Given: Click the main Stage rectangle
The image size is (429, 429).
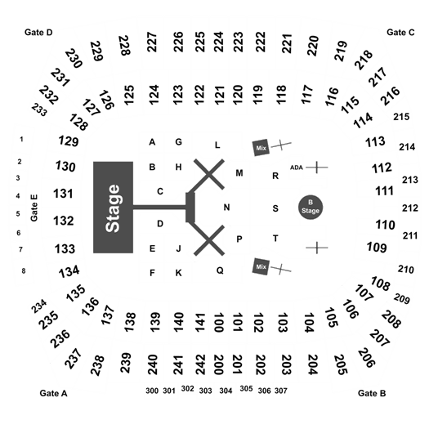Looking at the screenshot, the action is pyautogui.click(x=114, y=208).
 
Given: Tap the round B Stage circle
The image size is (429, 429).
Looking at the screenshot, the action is pyautogui.click(x=311, y=207).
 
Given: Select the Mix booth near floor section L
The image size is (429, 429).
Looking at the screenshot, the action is pyautogui.click(x=261, y=147).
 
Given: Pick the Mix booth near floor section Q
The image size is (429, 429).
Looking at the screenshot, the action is pyautogui.click(x=261, y=266).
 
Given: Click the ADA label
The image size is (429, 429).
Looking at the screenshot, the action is pyautogui.click(x=297, y=168).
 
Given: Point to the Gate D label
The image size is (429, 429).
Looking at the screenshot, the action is pyautogui.click(x=38, y=33).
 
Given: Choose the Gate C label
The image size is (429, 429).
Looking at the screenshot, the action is pyautogui.click(x=400, y=33).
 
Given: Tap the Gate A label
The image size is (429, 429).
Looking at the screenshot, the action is pyautogui.click(x=53, y=393).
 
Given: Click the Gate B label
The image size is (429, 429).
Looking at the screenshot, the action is pyautogui.click(x=372, y=393).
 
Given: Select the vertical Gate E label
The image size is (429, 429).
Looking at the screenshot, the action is pyautogui.click(x=34, y=208).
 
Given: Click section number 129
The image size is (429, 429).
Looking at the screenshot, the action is pyautogui.click(x=69, y=141).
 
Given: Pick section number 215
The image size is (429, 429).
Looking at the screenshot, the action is pyautogui.click(x=401, y=117).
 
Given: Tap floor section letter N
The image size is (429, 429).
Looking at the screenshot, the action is pyautogui.click(x=226, y=208).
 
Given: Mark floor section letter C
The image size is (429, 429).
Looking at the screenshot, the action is pyautogui.click(x=160, y=191).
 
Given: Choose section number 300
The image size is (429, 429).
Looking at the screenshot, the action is pyautogui.click(x=152, y=391).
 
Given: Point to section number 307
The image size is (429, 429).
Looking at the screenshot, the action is pyautogui.click(x=281, y=391).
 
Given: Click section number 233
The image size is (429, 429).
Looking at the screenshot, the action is pyautogui.click(x=39, y=109).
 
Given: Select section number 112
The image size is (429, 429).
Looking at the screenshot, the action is pyautogui.click(x=382, y=168).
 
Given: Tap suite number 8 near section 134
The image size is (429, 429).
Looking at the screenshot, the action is pyautogui.click(x=24, y=270).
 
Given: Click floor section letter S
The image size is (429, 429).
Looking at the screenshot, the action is pyautogui.click(x=275, y=208).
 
